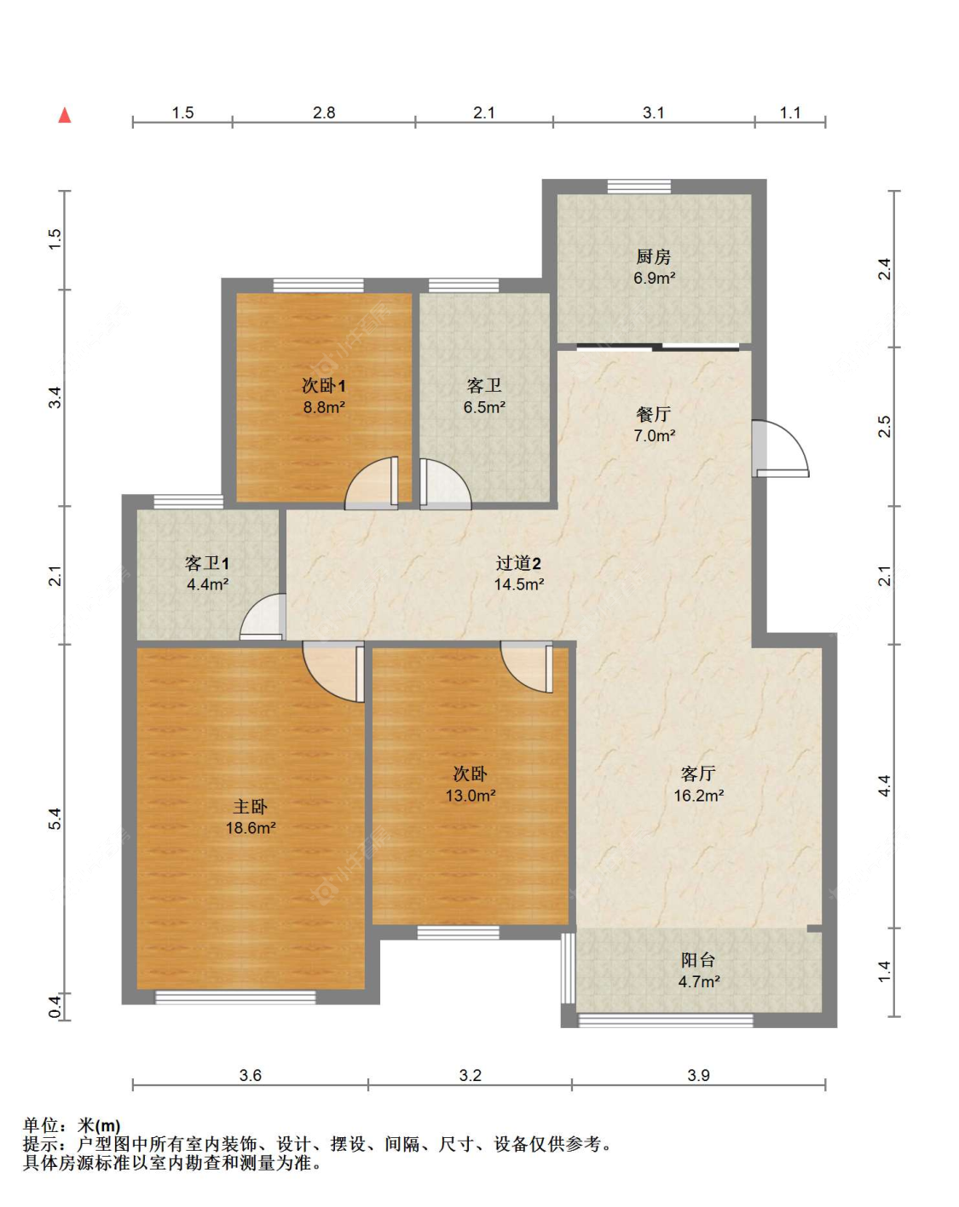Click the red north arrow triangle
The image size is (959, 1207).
65,115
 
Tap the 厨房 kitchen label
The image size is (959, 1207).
654,257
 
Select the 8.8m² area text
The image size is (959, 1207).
324,407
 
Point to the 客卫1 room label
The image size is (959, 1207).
207,563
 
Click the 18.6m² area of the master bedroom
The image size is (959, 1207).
251,828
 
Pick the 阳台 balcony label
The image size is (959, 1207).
698,960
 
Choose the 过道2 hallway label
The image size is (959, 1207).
518,563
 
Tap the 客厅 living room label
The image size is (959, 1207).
698,774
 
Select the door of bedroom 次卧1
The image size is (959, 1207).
372,484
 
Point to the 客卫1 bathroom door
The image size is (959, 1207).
263,617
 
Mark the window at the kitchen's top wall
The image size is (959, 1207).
639,187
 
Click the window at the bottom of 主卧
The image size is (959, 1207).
235,997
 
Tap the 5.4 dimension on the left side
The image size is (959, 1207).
55,819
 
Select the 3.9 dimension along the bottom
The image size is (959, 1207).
698,1075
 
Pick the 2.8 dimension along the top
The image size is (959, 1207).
324,112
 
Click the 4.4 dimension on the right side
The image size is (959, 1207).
884,785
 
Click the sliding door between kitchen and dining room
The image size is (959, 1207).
657,348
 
